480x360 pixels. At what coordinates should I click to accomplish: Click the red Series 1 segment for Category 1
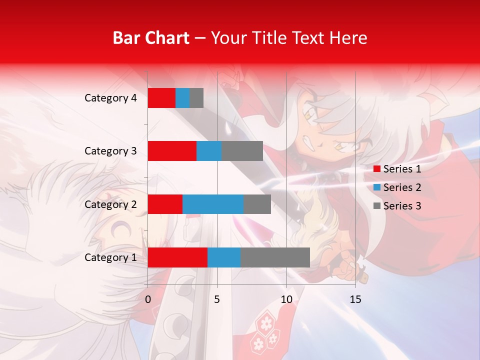[177, 257]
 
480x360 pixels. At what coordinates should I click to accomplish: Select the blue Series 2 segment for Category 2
[213, 204]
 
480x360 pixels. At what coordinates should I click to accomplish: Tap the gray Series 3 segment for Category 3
[242, 151]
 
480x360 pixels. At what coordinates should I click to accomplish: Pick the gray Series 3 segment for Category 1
[275, 257]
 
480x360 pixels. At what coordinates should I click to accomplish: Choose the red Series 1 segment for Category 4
[161, 98]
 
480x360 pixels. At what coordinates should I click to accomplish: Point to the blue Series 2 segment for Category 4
[182, 98]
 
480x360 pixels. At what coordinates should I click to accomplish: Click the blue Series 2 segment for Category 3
[209, 151]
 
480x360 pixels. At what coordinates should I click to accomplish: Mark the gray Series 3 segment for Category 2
[257, 204]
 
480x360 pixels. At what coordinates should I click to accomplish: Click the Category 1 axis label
[110, 257]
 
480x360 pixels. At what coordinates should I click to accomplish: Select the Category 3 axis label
[110, 151]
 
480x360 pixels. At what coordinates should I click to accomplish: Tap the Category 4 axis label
[110, 98]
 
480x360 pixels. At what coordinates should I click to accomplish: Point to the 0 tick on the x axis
[148, 299]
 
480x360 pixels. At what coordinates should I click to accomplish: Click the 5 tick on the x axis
[217, 299]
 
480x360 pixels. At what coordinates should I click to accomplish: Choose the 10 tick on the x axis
[286, 299]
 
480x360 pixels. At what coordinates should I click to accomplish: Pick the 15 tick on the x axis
[355, 299]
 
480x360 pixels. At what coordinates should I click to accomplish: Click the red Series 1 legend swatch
[376, 169]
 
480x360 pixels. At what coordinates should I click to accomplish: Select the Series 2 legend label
[402, 187]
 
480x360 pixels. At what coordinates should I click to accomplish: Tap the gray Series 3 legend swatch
[376, 206]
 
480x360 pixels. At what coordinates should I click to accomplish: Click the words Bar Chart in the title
[151, 38]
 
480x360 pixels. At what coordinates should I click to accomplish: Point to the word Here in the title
[348, 38]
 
